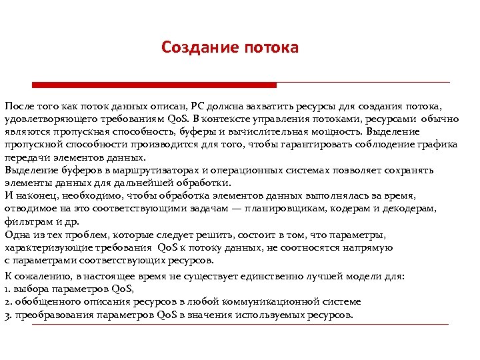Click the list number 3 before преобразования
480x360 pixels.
(x=7, y=315)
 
